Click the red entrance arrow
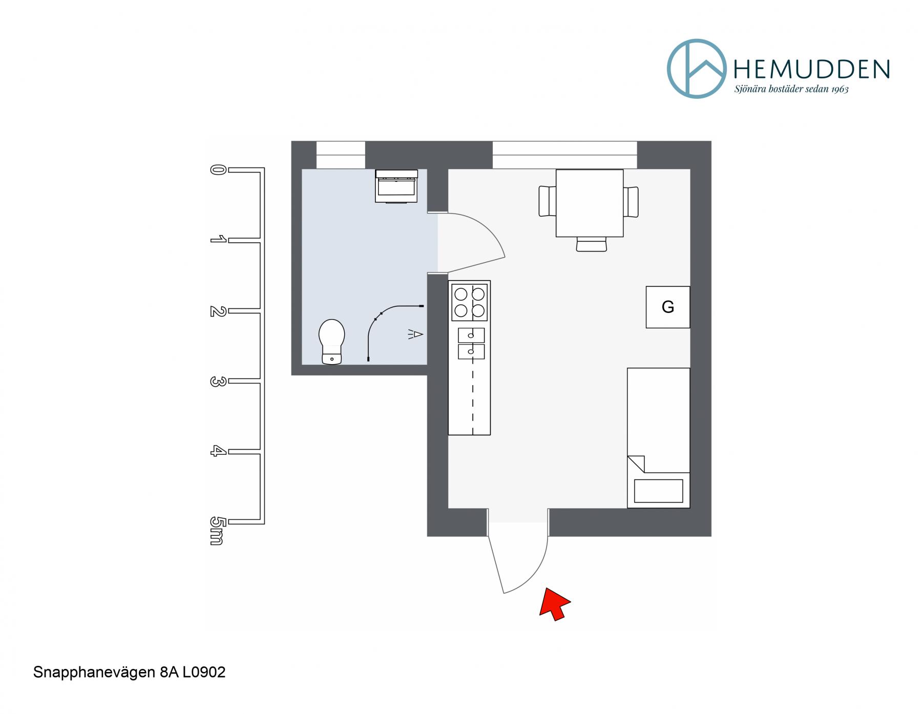(x=554, y=605)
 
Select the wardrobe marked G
(x=667, y=307)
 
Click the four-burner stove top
(x=469, y=302)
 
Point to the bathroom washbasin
(x=396, y=186)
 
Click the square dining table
(x=590, y=203)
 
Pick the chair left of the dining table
(x=547, y=201)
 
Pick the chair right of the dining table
(x=631, y=202)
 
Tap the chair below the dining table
(x=591, y=244)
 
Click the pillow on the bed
(x=658, y=491)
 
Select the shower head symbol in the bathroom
(x=416, y=334)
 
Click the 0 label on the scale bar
(x=217, y=170)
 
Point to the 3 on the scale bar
(x=217, y=381)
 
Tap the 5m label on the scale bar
(x=217, y=531)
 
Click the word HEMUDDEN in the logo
(x=812, y=69)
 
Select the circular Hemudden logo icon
(x=697, y=69)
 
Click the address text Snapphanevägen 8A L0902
(x=130, y=673)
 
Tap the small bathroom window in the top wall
(x=341, y=155)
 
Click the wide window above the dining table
(x=565, y=155)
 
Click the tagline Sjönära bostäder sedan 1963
(x=791, y=89)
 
